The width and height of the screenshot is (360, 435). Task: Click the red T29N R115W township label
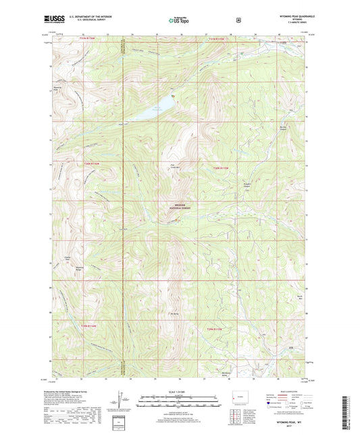pos(217,329)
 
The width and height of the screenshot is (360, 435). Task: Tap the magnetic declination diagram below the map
pos(123,399)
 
